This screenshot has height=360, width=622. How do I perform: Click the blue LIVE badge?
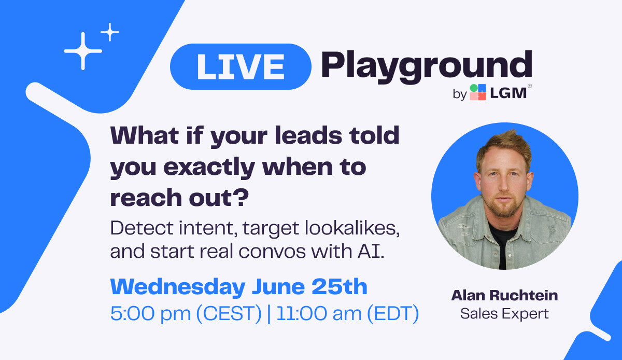241,67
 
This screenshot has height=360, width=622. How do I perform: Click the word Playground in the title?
427,67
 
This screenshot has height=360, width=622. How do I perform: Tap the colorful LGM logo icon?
477,92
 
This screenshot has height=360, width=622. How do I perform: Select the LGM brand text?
508,93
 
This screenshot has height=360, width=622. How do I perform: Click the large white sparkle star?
83,51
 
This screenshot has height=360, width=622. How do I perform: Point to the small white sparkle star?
110,32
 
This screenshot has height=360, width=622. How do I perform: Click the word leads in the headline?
308,135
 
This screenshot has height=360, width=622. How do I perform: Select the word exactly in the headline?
209,168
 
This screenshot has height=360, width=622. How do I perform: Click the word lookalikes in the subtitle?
352,228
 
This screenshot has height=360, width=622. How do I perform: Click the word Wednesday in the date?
178,287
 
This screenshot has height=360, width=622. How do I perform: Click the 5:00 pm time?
150,314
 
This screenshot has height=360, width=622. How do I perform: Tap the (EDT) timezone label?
393,314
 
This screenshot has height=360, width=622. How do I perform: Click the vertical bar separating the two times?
269,314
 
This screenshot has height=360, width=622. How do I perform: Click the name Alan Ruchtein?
504,295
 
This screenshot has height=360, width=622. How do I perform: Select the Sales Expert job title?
504,314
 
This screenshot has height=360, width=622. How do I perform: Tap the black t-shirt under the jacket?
502,245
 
